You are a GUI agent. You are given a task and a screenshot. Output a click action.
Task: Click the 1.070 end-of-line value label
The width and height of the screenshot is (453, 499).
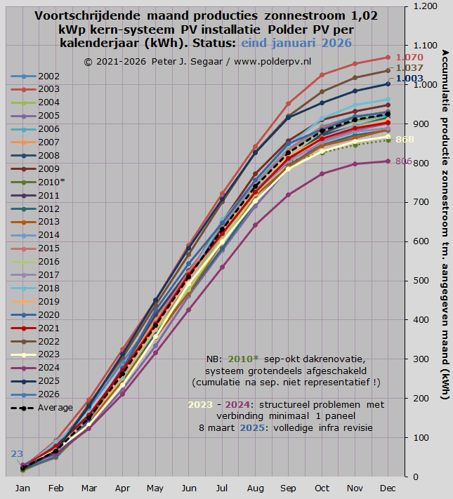point(409,57)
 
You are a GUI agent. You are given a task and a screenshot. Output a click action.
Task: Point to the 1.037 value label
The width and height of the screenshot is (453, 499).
point(409,68)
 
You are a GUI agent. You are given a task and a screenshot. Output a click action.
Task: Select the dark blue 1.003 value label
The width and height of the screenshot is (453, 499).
point(409,79)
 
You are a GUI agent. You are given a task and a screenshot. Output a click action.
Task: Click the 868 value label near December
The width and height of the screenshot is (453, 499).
point(405,140)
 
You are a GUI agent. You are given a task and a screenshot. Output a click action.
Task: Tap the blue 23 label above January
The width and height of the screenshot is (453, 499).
point(17,453)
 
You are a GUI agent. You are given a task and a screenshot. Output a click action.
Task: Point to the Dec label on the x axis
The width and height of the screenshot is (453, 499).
point(386,488)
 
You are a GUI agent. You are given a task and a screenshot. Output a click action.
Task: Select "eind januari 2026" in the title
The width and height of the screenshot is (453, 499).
point(296,43)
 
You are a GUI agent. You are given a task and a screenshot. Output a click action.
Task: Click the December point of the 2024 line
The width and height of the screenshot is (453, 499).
point(386,161)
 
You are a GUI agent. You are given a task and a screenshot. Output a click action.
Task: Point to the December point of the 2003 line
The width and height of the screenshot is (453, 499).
point(386,57)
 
